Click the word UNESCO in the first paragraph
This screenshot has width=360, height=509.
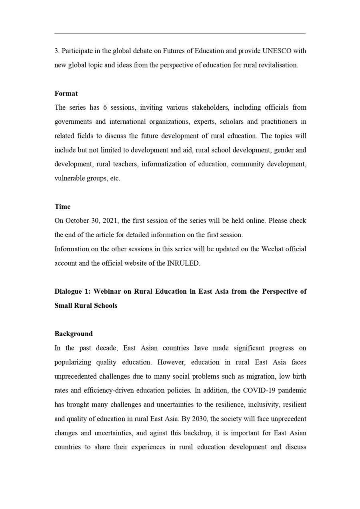point(276,51)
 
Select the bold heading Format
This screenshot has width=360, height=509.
point(66,93)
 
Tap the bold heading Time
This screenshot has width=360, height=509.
point(62,206)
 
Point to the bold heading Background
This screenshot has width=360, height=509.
point(74,334)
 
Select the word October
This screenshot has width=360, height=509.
point(77,220)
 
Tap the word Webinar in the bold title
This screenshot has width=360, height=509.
point(106,291)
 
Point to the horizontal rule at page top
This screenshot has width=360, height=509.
point(180,33)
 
